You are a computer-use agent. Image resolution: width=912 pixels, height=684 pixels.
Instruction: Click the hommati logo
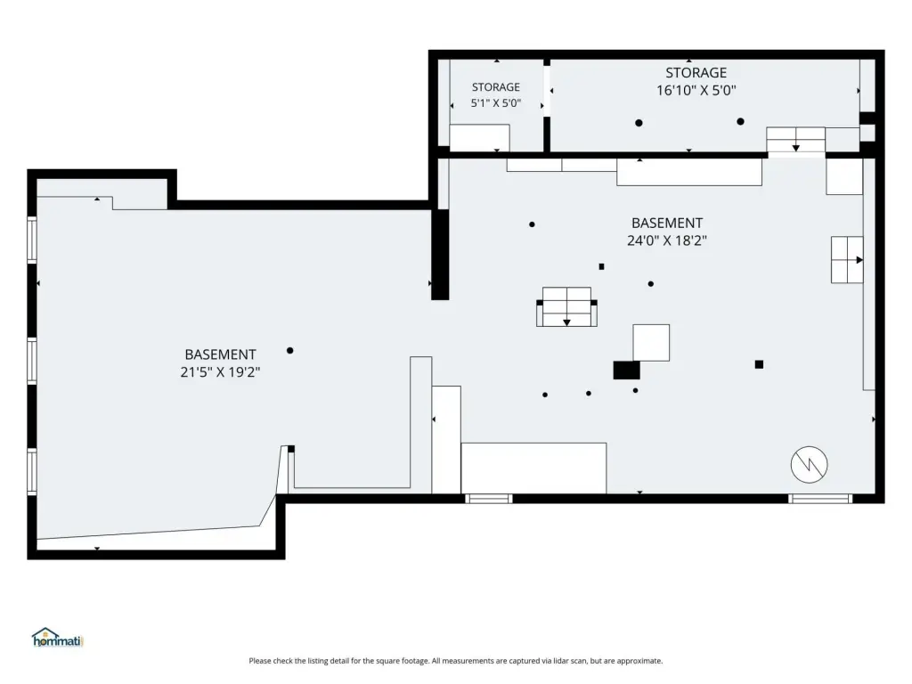coord(58,638)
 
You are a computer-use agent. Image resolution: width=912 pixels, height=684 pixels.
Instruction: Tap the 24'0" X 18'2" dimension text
coord(666,240)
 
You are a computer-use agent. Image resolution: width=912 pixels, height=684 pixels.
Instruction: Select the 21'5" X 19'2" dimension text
coord(220,371)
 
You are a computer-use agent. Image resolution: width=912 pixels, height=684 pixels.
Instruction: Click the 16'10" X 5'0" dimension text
coord(696,90)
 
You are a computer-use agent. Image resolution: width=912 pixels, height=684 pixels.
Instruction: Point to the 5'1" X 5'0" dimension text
coord(495,103)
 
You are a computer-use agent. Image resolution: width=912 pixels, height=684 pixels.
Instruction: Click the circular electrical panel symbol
coord(809,464)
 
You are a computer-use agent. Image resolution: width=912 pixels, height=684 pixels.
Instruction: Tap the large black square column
coord(626,370)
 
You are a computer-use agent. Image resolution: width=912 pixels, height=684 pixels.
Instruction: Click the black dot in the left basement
coord(289,350)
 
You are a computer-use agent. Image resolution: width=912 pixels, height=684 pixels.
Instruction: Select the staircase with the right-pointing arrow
coord(847,259)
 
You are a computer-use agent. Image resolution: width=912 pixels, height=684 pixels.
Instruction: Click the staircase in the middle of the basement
coord(566,306)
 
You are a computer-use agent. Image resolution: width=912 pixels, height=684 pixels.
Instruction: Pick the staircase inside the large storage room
coord(795,140)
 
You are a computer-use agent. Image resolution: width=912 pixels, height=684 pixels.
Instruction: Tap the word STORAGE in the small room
coord(495,87)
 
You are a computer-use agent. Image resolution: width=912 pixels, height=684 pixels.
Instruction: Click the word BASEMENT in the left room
coord(220,354)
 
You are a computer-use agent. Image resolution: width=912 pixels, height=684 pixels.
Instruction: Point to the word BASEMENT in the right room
coord(666,223)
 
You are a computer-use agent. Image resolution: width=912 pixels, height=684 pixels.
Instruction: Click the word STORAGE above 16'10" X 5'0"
coord(696,73)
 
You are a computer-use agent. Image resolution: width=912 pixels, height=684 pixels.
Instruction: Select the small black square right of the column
coord(759,364)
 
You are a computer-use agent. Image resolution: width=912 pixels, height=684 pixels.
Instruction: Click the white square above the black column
coord(651,343)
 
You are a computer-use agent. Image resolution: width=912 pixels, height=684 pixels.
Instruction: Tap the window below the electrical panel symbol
coord(819,499)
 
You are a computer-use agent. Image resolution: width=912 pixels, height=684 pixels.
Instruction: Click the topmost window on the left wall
coord(32,240)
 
